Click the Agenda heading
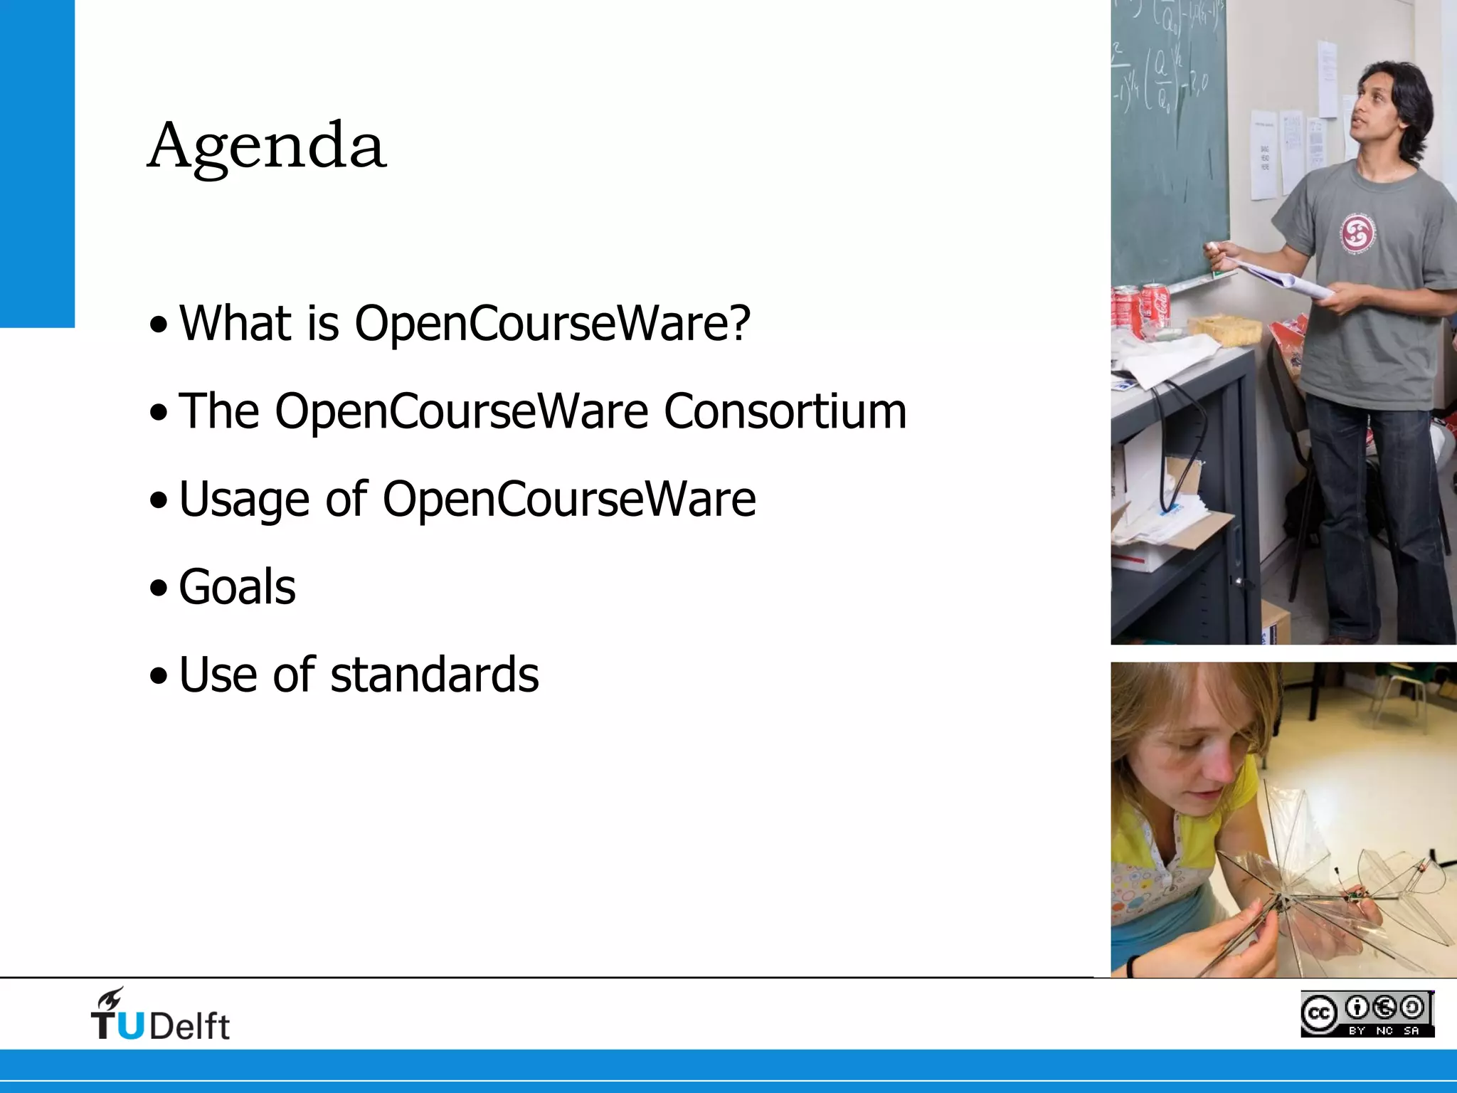(x=267, y=147)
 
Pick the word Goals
(x=237, y=587)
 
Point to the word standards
(x=434, y=675)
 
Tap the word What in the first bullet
(x=235, y=324)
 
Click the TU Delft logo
(x=160, y=1015)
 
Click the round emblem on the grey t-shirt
(x=1357, y=233)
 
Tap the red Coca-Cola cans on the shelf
(x=1141, y=306)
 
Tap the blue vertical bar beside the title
(x=37, y=164)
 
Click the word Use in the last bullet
(x=218, y=675)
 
